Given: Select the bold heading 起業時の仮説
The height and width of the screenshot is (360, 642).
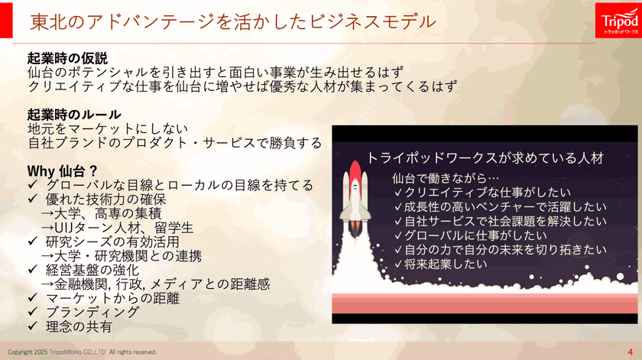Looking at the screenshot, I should (x=67, y=58).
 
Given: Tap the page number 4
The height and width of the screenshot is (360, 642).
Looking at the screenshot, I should (x=630, y=352).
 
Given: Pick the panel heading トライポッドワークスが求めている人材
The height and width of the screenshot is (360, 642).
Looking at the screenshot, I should (x=486, y=158).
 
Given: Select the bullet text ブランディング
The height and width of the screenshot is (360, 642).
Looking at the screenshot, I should (x=92, y=312).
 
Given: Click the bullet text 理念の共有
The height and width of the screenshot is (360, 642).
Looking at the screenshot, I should (x=79, y=326).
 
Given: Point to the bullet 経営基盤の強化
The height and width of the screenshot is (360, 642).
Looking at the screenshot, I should (x=92, y=269).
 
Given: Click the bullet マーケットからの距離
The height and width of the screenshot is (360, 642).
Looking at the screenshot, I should (x=114, y=297).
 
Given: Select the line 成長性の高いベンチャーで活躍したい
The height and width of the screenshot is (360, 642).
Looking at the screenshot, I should (x=505, y=206).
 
